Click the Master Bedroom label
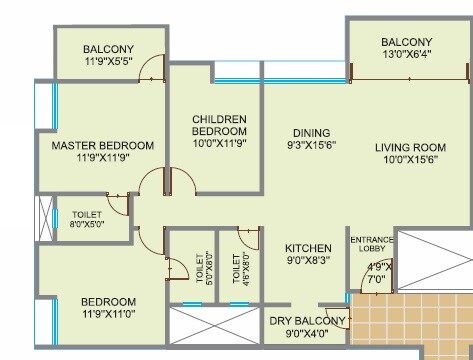102,145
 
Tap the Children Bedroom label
219,125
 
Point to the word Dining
311,133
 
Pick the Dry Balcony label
306,321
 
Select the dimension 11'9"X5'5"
108,63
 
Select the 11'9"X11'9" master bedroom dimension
102,160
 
